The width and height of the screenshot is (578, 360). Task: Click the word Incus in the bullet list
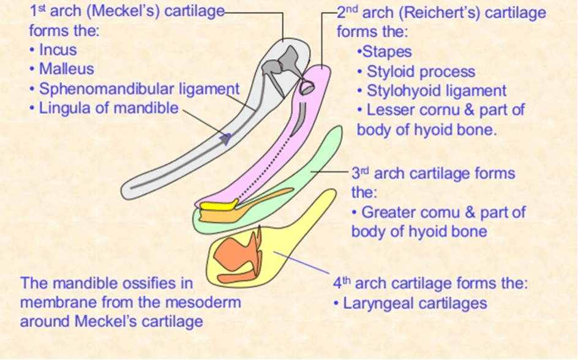coord(58,50)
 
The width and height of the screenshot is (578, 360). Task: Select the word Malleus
coord(66,69)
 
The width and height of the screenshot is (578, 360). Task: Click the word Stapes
coord(387,52)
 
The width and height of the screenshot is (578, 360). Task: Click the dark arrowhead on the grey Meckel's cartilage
coord(225,139)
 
